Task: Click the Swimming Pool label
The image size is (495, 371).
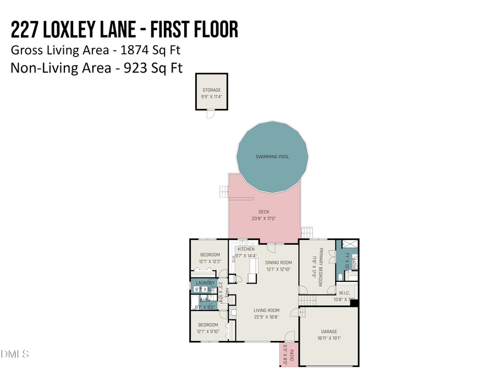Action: tap(272, 157)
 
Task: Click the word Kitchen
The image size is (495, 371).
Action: tap(246, 249)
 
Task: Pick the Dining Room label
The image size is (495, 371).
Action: tap(278, 263)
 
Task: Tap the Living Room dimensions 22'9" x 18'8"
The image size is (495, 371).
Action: tap(266, 317)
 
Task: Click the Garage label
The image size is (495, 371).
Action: tap(329, 331)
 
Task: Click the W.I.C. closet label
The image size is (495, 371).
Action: tap(344, 293)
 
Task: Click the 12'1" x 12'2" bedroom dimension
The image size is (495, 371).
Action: tap(210, 261)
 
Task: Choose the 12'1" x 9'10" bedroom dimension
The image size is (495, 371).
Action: tap(209, 331)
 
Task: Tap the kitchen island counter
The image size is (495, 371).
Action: tap(254, 269)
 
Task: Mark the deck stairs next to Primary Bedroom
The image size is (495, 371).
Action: tap(306, 232)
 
